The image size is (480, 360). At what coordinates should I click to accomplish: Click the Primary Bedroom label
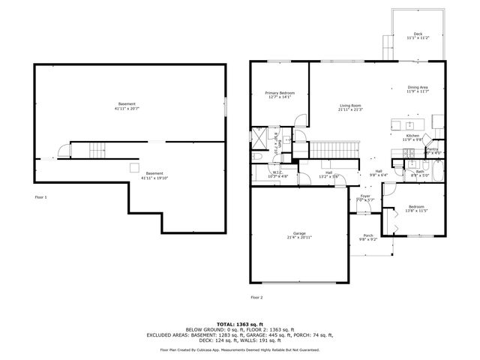279,94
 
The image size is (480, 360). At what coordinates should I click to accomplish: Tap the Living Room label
350,106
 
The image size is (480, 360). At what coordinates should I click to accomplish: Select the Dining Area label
418,88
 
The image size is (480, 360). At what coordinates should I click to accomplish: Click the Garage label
299,235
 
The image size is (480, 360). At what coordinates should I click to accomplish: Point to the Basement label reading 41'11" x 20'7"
127,105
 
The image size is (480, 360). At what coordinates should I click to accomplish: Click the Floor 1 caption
40,196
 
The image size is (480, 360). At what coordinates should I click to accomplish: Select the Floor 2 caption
257,297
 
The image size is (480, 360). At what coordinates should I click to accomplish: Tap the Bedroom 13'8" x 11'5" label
416,208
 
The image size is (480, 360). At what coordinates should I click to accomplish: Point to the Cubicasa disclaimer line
239,349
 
